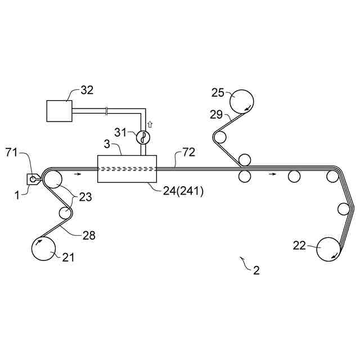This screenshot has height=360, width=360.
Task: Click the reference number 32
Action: [x=87, y=89]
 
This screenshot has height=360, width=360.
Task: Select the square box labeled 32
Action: [x=59, y=110]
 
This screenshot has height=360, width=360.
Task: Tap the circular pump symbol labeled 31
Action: [x=143, y=137]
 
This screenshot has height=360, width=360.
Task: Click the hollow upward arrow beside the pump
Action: [x=150, y=123]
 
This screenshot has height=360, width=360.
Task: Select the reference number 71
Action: [x=12, y=152]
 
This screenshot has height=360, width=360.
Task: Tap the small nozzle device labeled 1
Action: [x=33, y=179]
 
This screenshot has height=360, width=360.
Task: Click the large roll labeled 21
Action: [x=45, y=248]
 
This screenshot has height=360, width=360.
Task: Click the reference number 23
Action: [x=85, y=197]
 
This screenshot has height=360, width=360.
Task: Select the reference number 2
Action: [x=256, y=270]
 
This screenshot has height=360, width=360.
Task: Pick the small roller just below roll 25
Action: [x=219, y=137]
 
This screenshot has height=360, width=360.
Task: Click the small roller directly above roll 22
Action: [x=344, y=209]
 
